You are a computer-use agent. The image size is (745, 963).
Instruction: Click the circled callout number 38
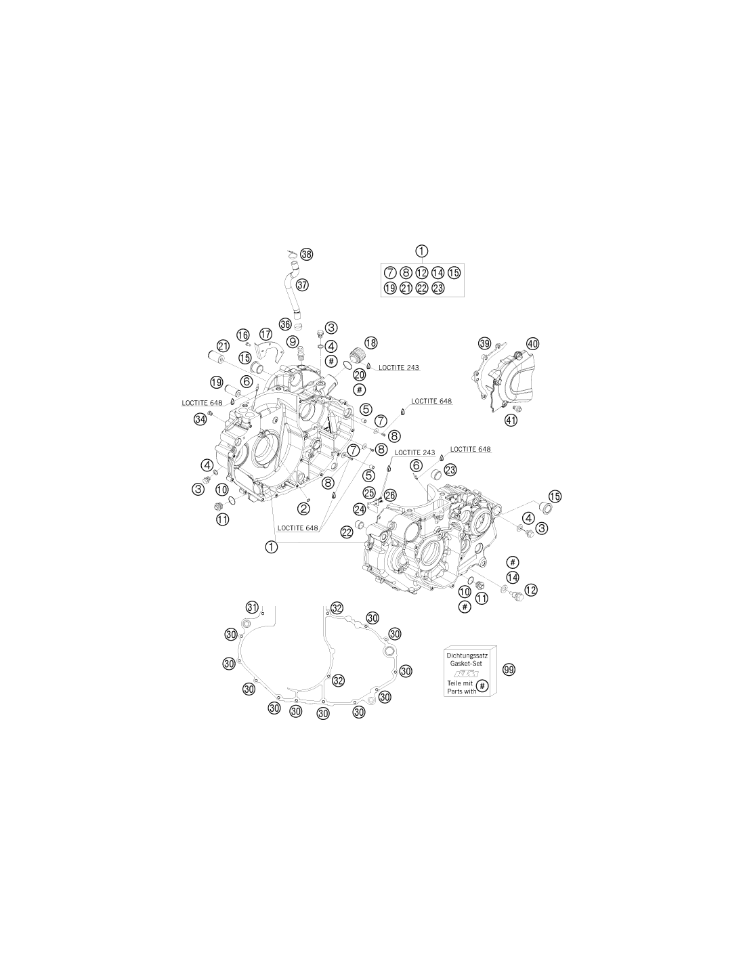(306, 254)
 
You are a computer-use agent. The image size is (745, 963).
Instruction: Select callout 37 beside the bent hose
(302, 284)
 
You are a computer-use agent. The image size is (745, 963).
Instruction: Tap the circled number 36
(285, 324)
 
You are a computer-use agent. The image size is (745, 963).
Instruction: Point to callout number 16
(243, 335)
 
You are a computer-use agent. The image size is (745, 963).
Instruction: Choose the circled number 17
(265, 334)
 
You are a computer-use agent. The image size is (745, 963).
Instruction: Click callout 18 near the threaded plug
(371, 343)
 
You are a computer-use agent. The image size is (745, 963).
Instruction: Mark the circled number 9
(293, 342)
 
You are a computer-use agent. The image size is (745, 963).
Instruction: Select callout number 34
(200, 419)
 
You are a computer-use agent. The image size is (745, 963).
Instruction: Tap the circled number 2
(304, 509)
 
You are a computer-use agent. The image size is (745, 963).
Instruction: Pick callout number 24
(360, 509)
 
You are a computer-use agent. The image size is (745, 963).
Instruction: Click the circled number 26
(390, 495)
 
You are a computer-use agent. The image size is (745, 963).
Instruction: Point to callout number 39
(485, 343)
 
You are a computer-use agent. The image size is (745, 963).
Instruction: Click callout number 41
(511, 420)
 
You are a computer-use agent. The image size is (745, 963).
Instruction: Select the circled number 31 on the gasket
(252, 607)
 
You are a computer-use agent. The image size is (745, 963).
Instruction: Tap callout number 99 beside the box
(509, 669)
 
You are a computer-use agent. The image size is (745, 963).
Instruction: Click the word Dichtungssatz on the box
(467, 655)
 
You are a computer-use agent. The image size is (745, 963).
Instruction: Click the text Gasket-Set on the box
(467, 664)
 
